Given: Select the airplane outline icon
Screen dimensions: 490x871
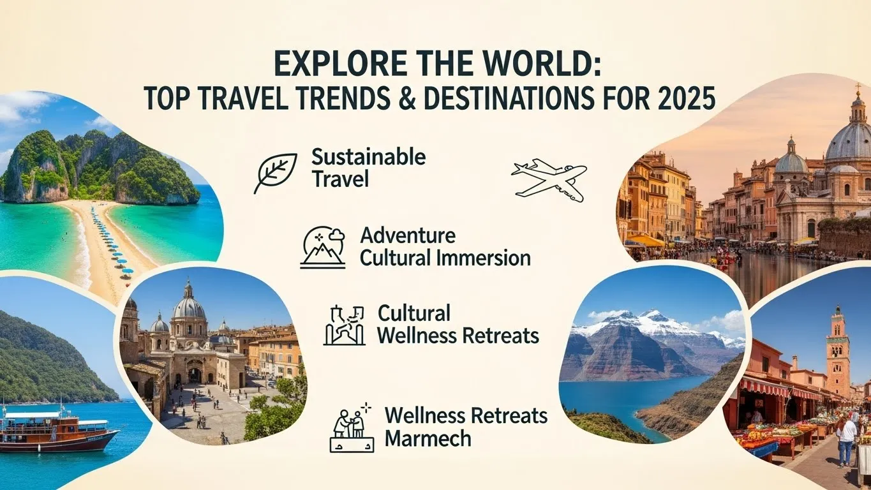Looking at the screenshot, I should click(549, 179).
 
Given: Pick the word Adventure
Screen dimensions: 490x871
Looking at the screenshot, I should click(408, 235).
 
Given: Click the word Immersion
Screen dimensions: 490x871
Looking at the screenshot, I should click(488, 258).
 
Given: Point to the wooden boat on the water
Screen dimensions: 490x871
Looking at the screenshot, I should click(57, 431).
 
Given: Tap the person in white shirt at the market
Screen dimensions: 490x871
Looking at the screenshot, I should click(846, 436).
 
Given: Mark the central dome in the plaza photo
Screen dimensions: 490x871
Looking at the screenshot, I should click(189, 308).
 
